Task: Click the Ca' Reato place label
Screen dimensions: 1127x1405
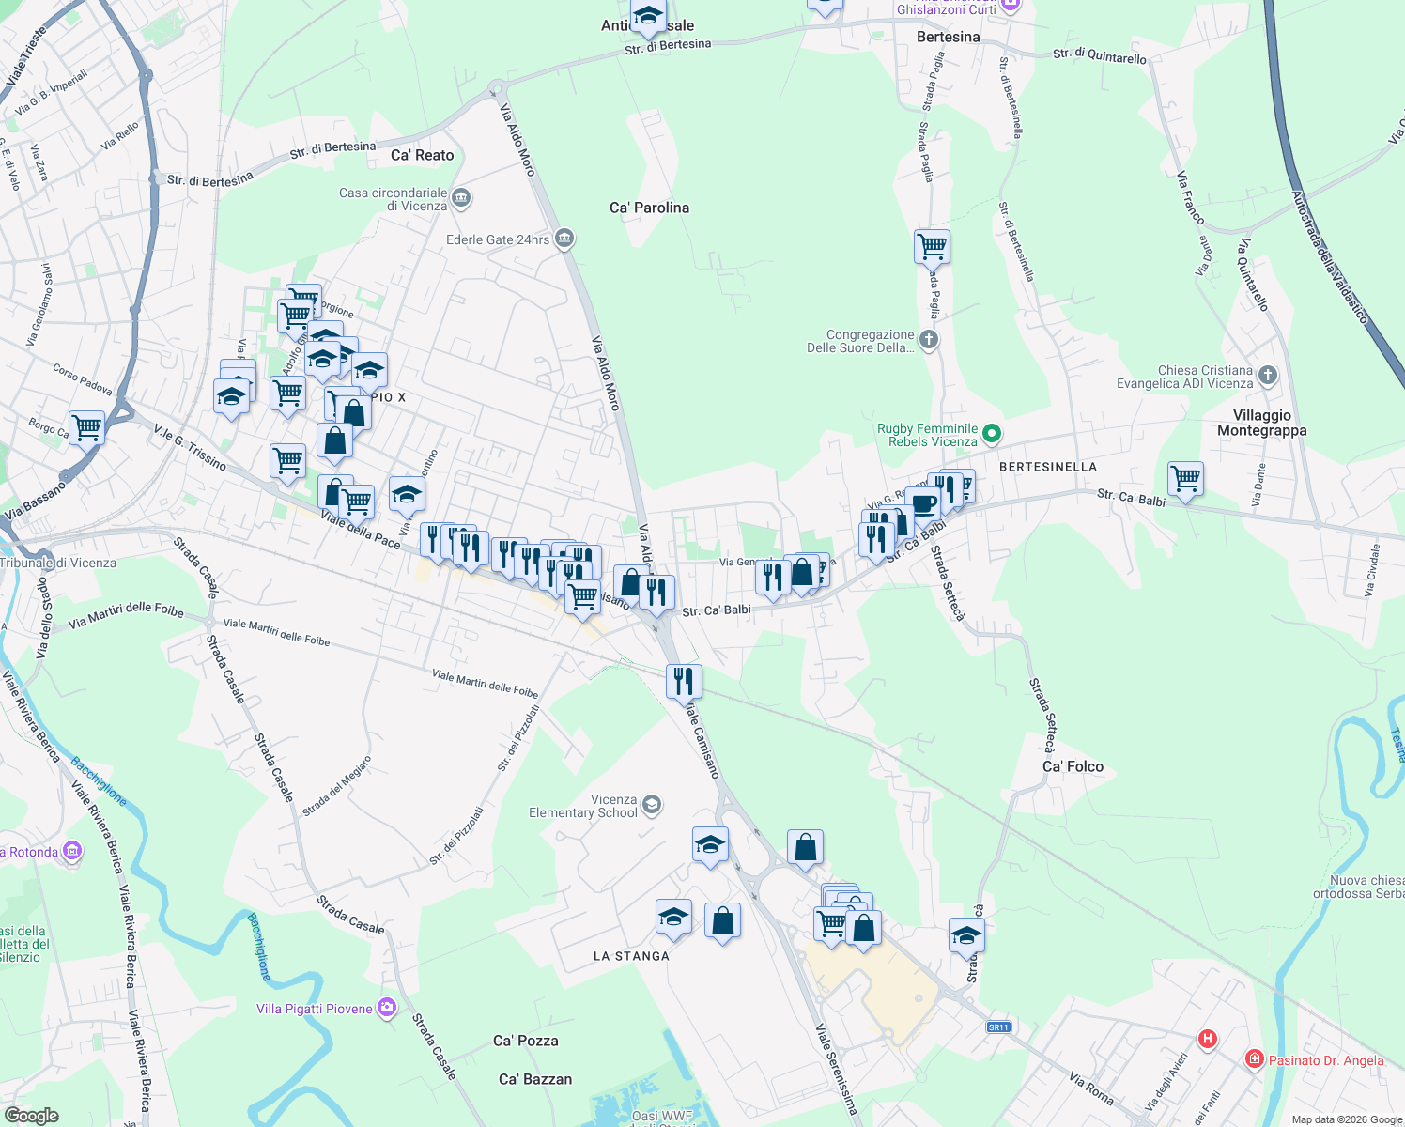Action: click(422, 155)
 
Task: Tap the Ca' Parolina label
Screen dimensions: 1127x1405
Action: click(649, 208)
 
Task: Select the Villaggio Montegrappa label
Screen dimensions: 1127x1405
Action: click(1261, 423)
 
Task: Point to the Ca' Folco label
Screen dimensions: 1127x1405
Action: click(1073, 766)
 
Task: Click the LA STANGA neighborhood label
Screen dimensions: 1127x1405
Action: click(631, 956)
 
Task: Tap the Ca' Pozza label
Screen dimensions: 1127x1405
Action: click(525, 1041)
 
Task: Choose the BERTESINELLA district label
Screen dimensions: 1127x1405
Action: click(1047, 467)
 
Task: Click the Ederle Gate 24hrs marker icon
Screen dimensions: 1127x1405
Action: click(564, 239)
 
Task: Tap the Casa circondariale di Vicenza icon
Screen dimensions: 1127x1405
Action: click(461, 198)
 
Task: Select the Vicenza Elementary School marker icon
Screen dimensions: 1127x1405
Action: click(652, 805)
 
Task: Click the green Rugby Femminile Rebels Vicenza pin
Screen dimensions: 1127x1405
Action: click(993, 434)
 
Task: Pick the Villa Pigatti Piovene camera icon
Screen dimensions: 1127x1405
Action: click(387, 1008)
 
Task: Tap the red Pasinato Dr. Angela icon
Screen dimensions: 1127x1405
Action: click(1253, 1059)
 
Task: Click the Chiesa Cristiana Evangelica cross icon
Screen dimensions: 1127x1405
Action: click(1267, 376)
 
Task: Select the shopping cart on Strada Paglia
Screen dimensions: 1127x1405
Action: click(932, 247)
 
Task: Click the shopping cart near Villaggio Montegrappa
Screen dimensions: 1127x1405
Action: click(1185, 478)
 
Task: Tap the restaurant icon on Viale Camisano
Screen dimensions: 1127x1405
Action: click(684, 680)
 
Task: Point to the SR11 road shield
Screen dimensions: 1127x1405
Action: click(998, 1027)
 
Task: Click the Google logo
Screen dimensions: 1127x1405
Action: click(31, 1115)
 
